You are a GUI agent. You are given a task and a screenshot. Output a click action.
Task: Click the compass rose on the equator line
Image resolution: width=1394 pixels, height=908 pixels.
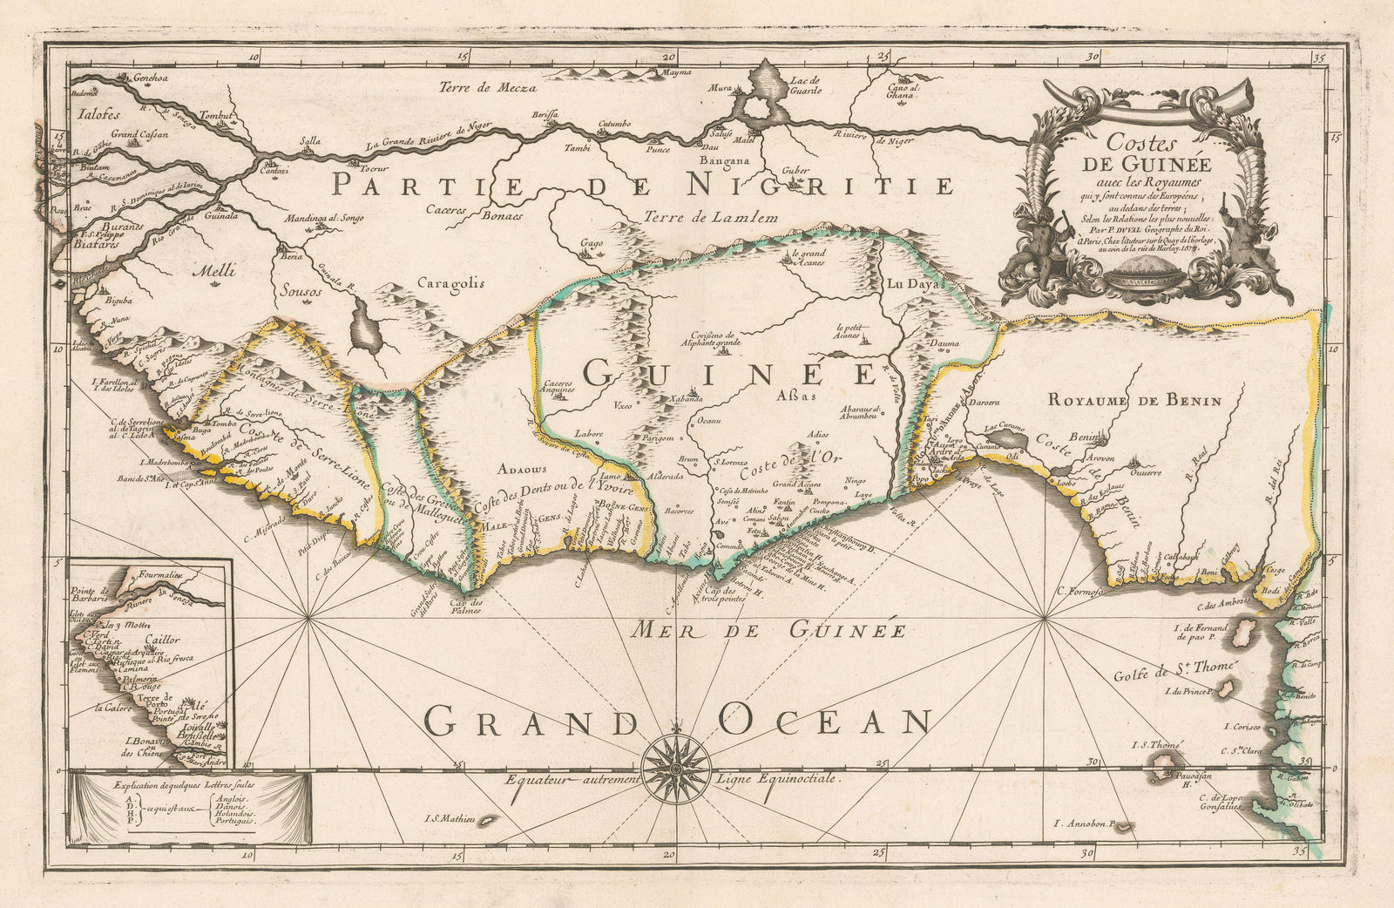coord(676,769)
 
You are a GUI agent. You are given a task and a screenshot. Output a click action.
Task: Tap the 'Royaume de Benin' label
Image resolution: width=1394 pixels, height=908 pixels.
coord(1133,401)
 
